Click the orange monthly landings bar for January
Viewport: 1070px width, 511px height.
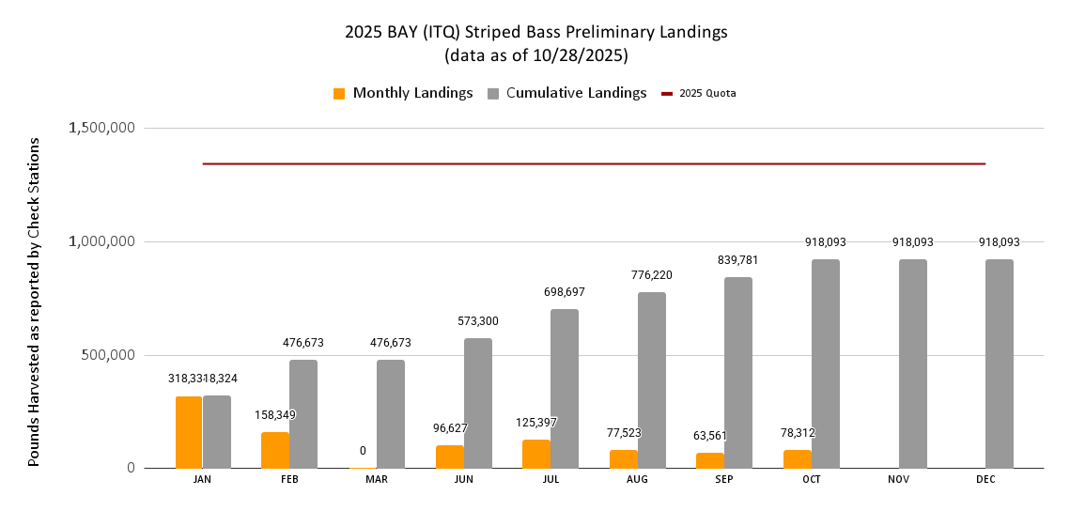pos(189,432)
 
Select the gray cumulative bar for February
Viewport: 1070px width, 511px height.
pos(303,413)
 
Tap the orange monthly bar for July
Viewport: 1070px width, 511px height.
pos(536,454)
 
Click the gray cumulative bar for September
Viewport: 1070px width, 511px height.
pos(738,372)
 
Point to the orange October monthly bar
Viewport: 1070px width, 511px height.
pos(798,458)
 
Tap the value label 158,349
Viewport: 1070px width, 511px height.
pos(274,414)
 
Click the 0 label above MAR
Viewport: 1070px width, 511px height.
pos(363,451)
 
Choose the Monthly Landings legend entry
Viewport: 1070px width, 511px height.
pos(403,93)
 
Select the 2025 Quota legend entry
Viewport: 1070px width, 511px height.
pos(699,93)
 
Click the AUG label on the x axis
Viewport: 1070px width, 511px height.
pos(637,479)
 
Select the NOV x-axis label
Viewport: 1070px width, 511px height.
pos(899,479)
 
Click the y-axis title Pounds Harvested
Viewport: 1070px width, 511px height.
pos(34,301)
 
